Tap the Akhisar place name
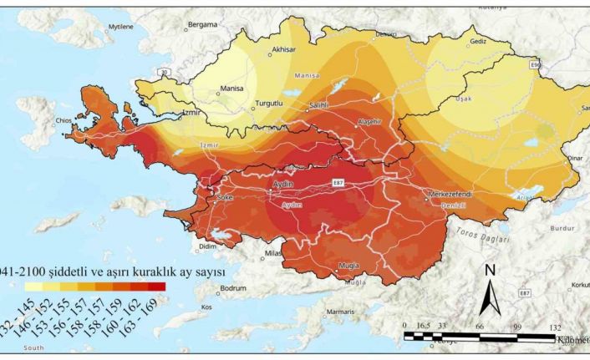tap(283, 49)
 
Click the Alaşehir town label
tap(369, 121)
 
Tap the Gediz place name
tap(478, 41)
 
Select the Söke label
tap(224, 198)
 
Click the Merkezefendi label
tap(450, 193)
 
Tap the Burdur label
tap(565, 226)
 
